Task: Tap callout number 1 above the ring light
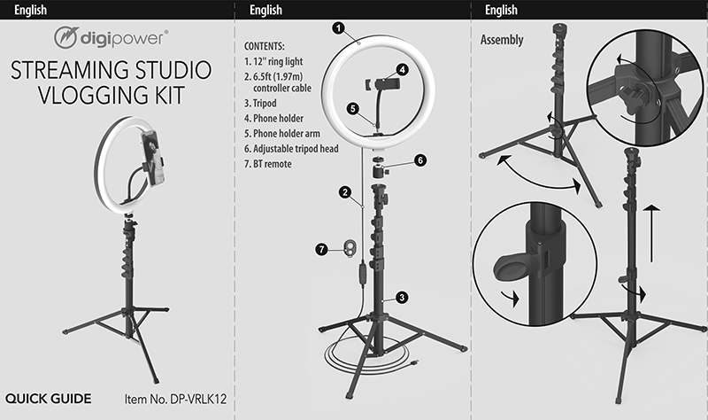tap(339, 28)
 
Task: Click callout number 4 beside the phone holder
tap(403, 69)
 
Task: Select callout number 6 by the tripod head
tap(420, 160)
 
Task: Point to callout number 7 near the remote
tap(321, 250)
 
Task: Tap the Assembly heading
tap(501, 40)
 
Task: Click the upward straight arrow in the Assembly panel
tap(651, 230)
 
